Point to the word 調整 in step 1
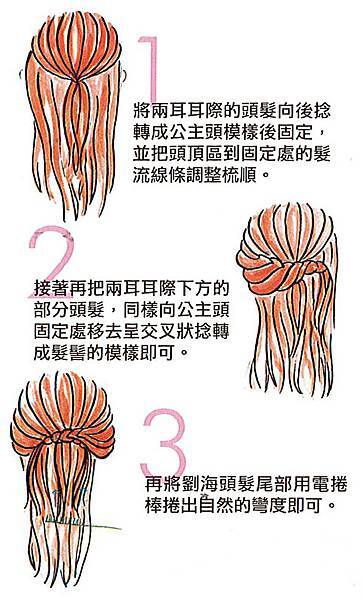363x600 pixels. click(x=203, y=176)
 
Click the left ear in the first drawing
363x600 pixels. click(x=21, y=75)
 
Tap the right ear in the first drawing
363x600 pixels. click(x=124, y=75)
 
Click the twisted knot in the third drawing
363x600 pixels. click(x=63, y=436)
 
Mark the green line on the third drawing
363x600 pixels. click(x=82, y=523)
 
